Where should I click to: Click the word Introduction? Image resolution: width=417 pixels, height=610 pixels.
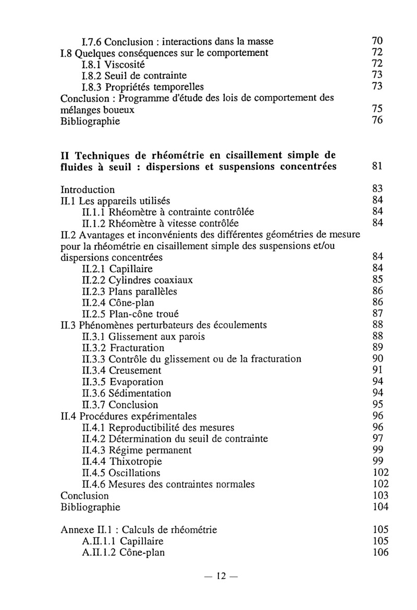88,189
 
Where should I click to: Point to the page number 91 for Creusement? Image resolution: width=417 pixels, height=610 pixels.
378,371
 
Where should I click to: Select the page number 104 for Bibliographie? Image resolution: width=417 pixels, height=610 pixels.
381,507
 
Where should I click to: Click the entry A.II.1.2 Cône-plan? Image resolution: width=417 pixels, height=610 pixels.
124,553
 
